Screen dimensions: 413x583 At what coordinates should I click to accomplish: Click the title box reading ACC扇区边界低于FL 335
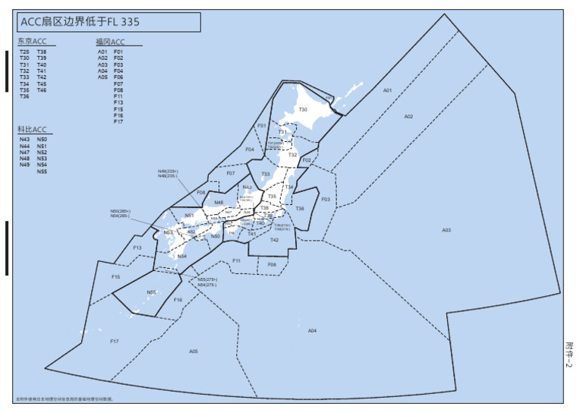pyautogui.click(x=109, y=22)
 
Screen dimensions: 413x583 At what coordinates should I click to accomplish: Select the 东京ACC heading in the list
pyautogui.click(x=32, y=41)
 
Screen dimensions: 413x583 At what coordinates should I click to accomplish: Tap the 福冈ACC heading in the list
pyautogui.click(x=111, y=41)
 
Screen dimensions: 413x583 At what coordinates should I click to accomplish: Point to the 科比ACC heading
pyautogui.click(x=32, y=130)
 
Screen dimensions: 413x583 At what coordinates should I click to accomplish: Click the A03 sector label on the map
pyautogui.click(x=446, y=230)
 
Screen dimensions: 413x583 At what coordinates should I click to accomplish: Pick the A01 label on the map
pyautogui.click(x=387, y=90)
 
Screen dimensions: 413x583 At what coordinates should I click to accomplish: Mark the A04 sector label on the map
pyautogui.click(x=312, y=331)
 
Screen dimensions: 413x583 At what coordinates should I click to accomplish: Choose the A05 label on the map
pyautogui.click(x=194, y=351)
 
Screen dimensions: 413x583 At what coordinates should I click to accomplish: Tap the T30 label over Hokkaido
pyautogui.click(x=303, y=110)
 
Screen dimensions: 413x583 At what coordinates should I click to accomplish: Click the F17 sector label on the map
pyautogui.click(x=114, y=341)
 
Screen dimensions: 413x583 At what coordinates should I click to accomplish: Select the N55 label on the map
pyautogui.click(x=152, y=292)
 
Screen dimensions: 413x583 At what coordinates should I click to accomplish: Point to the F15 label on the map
pyautogui.click(x=115, y=277)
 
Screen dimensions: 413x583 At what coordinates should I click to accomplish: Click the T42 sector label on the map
pyautogui.click(x=275, y=240)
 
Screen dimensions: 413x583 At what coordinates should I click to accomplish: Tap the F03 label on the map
pyautogui.click(x=326, y=199)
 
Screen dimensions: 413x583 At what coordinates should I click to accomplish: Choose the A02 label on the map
pyautogui.click(x=408, y=116)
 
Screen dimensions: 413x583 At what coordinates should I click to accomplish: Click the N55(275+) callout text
pyautogui.click(x=206, y=279)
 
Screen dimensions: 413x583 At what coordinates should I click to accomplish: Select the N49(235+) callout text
pyautogui.click(x=168, y=172)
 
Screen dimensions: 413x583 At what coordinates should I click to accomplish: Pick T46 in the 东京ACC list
pyautogui.click(x=42, y=90)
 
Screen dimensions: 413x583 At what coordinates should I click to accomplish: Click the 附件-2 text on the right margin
pyautogui.click(x=570, y=354)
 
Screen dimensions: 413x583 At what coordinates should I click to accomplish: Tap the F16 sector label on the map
pyautogui.click(x=178, y=301)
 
